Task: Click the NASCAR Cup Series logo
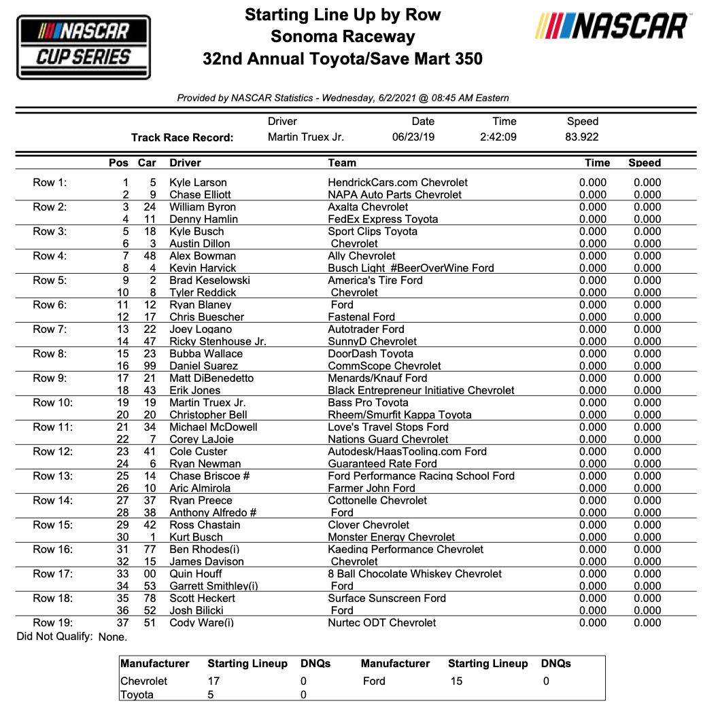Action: [x=83, y=48]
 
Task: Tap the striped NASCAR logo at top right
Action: [x=612, y=27]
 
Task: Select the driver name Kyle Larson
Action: [x=198, y=182]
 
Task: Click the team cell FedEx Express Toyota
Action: [x=383, y=219]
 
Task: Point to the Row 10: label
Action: [x=52, y=402]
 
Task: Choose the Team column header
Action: [x=342, y=162]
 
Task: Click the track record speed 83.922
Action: [x=583, y=137]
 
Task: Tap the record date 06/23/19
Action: [x=413, y=137]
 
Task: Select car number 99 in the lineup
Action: [x=150, y=366]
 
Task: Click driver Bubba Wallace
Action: [x=206, y=353]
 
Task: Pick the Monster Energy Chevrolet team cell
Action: [x=392, y=537]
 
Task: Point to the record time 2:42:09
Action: [x=498, y=137]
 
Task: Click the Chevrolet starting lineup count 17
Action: [x=214, y=681]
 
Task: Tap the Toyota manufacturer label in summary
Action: [x=137, y=694]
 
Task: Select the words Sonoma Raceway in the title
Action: [x=343, y=36]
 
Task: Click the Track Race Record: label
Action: [x=182, y=137]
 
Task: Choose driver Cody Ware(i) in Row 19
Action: [x=201, y=622]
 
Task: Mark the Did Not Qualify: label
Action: [x=54, y=637]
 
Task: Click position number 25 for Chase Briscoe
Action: [x=122, y=476]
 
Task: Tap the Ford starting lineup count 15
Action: [x=456, y=681]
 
